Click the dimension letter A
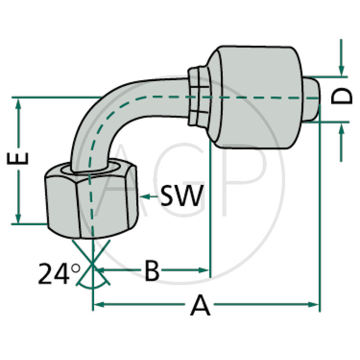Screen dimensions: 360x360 coord(200,306)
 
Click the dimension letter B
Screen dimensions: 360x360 coord(152,271)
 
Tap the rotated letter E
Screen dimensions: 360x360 coord(19,160)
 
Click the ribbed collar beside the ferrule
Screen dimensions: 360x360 coord(197,96)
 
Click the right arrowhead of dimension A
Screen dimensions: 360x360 coord(315,305)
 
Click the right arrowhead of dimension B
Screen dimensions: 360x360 coord(206,270)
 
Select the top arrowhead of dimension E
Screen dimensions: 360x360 coord(18,103)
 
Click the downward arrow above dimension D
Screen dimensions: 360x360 coord(342,70)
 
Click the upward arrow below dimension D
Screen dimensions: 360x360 coord(342,129)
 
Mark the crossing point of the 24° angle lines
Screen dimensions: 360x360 coord(93,265)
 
